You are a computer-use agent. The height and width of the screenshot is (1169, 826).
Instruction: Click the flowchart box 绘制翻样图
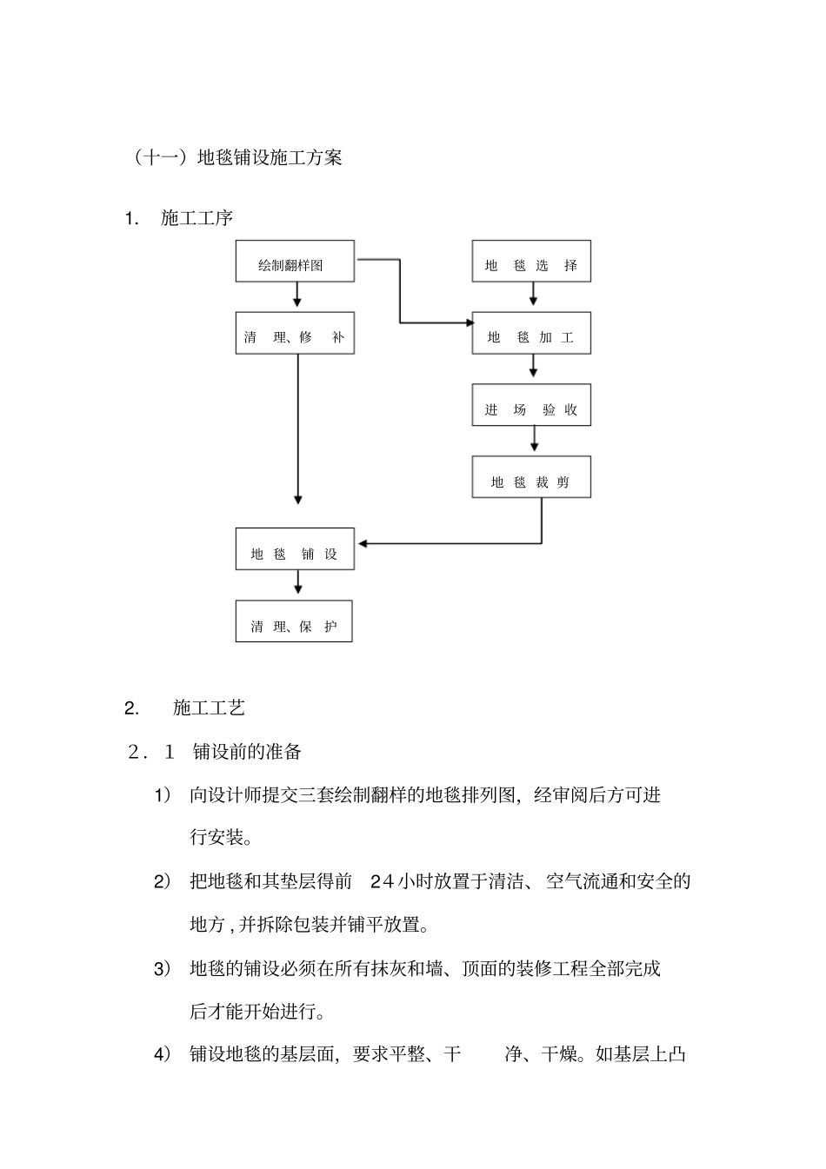point(295,262)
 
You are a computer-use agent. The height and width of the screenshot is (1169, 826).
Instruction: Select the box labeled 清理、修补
point(295,334)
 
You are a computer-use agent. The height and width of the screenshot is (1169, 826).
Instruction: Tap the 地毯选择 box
point(531,262)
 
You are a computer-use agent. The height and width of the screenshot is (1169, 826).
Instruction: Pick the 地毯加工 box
point(531,334)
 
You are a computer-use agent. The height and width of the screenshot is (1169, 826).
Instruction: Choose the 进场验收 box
point(531,406)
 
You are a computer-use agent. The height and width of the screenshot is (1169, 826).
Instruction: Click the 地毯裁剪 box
point(531,477)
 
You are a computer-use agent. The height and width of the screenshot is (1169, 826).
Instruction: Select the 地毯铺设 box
point(295,549)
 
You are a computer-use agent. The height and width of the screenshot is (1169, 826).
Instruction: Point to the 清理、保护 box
point(294,621)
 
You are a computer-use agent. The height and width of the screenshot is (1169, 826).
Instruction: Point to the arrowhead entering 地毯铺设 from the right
point(363,544)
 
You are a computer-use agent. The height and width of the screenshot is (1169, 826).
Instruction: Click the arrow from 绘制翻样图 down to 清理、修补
point(297,296)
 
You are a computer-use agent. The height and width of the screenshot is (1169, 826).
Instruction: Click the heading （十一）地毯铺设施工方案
point(237,157)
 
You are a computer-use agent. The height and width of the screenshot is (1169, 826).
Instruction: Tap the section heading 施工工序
point(197,218)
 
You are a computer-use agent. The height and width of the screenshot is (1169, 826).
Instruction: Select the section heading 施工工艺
point(209,708)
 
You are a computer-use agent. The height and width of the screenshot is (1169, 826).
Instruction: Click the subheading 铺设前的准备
point(247,752)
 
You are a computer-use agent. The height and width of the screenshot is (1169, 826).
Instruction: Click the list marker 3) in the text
point(163,968)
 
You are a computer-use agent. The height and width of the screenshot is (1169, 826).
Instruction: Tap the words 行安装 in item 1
point(216,838)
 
